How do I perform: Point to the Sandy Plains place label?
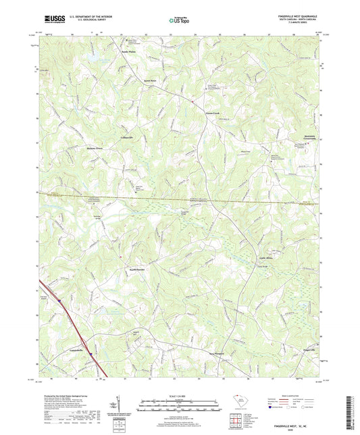pos(129,51)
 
